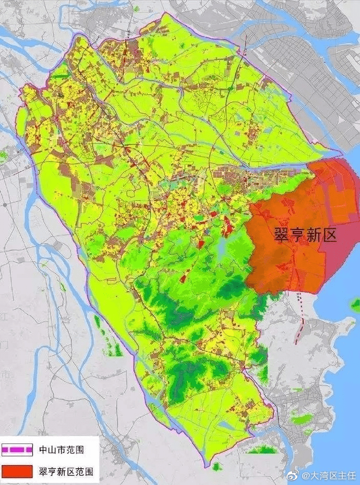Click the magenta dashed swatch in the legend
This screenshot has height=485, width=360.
[x=18, y=450]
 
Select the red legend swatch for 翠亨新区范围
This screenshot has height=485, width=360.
[x=18, y=471]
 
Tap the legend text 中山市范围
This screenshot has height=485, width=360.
[x=62, y=450]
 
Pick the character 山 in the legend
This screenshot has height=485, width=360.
[x=53, y=450]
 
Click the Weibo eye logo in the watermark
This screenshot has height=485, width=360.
[x=295, y=475]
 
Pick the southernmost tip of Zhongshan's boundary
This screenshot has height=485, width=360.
[x=208, y=462]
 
